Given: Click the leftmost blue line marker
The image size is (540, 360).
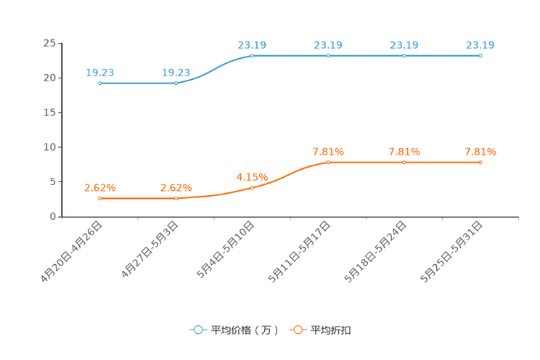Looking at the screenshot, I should pos(99,83).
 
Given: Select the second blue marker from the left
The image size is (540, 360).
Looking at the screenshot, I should pos(176,83).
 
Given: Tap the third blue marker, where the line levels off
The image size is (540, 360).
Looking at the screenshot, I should pos(252,55).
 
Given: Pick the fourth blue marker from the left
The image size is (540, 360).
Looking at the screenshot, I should pos(328,55).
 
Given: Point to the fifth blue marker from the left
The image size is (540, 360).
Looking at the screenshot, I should pos(404,55).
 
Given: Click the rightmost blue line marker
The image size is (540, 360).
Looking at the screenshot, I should pos(480,55).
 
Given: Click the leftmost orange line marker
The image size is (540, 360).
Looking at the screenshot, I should pos(99,197).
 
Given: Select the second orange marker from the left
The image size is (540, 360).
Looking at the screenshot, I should pos(176,197).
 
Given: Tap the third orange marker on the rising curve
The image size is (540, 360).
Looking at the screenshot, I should pos(252,187).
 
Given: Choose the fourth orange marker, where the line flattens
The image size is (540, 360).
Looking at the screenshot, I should pos(328,162).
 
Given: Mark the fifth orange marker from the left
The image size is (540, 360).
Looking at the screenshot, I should pos(404,162).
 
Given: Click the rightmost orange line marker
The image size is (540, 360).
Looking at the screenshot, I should pos(480,162).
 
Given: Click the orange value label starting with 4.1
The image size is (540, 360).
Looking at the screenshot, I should pos(252,176).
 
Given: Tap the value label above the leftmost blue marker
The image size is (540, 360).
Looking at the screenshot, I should pos(99,72).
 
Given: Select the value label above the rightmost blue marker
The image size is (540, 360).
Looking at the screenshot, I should pos(480,45).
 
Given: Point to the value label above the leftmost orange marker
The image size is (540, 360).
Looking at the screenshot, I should pos(99,187).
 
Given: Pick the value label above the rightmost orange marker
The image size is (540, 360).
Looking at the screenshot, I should pos(480,152).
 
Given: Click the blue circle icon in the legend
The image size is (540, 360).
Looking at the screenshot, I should pos(198,330).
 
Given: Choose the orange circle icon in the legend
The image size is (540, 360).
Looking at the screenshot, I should pos(298,330).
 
